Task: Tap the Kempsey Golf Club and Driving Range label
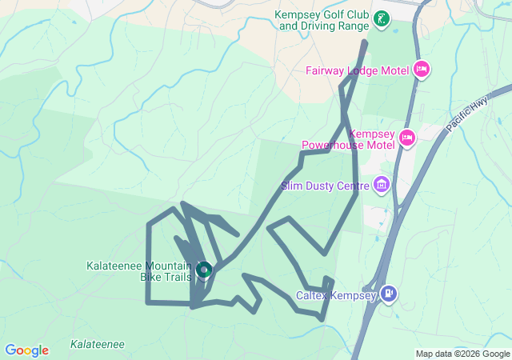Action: point(323,20)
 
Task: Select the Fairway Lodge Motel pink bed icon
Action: point(422,70)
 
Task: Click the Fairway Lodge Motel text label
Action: point(357,70)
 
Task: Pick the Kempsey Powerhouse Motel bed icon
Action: point(406,138)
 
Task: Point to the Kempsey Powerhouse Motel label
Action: point(350,139)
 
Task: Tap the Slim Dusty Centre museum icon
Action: point(382,186)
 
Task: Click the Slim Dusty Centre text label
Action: point(325,186)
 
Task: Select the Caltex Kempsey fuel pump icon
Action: point(388,294)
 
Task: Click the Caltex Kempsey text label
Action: point(336,295)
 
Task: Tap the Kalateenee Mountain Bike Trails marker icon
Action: point(203,271)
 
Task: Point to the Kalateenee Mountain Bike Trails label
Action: point(139,271)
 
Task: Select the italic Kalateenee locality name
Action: point(97,344)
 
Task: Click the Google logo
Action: point(26,350)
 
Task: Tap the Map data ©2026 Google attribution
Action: point(462,354)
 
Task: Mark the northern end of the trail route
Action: point(366,42)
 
